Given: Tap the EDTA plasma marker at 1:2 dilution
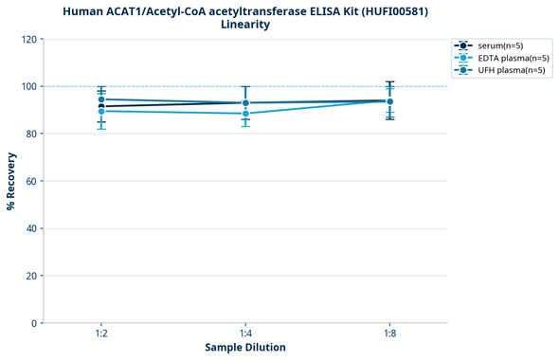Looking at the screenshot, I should [x=101, y=112].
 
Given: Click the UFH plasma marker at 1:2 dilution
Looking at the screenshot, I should [x=101, y=99].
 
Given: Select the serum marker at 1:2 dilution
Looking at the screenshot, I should [x=101, y=106].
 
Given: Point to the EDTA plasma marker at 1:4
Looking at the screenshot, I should [x=245, y=114].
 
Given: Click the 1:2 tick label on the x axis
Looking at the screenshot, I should [x=101, y=333].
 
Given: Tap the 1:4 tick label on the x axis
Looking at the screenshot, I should [x=245, y=333].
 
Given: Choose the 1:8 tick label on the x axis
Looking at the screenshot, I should [x=389, y=333].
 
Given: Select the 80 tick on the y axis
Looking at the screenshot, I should [x=31, y=134].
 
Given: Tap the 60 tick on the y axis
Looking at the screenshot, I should [x=31, y=181].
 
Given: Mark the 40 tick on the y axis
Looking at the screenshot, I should [x=31, y=228].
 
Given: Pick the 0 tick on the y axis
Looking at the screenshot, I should [x=34, y=323].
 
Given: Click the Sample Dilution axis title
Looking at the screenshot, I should [x=245, y=348].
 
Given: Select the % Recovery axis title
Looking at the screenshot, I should [x=11, y=181].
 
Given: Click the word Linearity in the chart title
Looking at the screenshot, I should [x=245, y=25].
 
